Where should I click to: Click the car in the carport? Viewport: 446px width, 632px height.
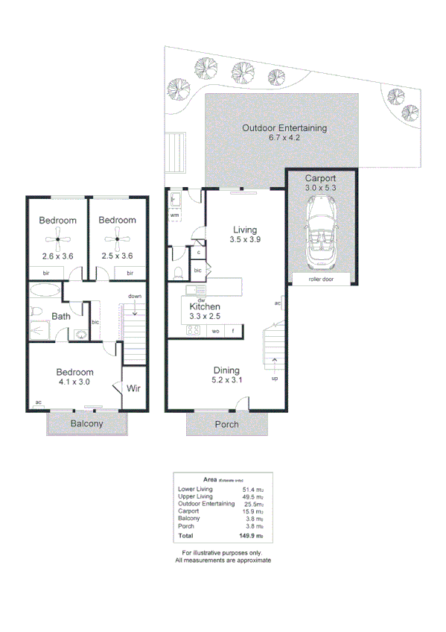(322, 238)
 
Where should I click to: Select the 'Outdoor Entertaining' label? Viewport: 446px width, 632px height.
(284, 128)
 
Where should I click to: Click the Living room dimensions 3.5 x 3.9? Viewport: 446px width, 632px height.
(243, 240)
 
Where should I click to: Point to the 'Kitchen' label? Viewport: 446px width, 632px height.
(205, 306)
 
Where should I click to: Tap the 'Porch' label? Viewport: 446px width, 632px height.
(227, 424)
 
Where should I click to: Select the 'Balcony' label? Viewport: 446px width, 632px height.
(86, 424)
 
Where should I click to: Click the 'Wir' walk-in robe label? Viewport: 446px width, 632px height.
(134, 388)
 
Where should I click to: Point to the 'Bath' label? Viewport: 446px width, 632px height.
(61, 317)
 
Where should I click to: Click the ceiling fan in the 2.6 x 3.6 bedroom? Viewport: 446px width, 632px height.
(57, 239)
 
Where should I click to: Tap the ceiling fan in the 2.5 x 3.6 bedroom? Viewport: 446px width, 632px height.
(117, 239)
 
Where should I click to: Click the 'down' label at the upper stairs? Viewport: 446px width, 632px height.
(135, 296)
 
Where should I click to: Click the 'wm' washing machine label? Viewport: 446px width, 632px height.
(175, 215)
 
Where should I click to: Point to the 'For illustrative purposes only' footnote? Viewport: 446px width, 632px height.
(223, 553)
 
